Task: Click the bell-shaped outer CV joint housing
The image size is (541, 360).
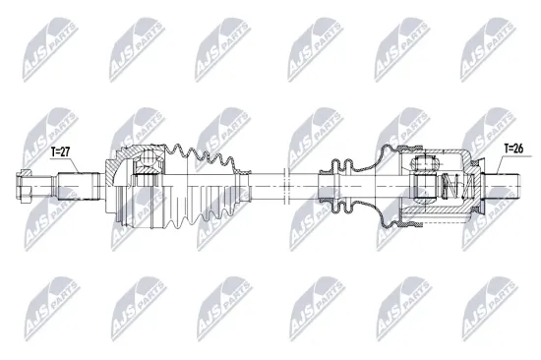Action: (x=123, y=182)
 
